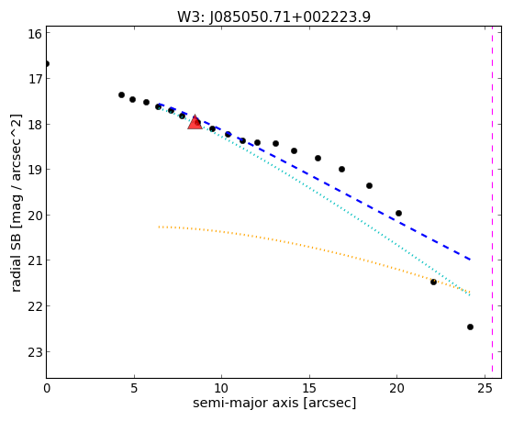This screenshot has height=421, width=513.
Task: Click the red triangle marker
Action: pos(195,122)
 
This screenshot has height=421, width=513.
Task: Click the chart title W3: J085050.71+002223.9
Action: pos(273,17)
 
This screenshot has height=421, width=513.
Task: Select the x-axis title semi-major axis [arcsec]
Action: pos(274,403)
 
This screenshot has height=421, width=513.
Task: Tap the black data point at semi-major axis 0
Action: pos(47,64)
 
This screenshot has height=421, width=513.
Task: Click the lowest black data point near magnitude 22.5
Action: pos(470,327)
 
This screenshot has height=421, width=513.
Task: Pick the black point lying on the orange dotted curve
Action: pos(433,282)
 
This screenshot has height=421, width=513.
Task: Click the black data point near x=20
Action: pos(398,214)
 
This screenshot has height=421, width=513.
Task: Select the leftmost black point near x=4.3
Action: pos(121,94)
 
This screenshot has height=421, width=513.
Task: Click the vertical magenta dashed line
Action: pos(492,202)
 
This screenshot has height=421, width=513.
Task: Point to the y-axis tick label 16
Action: pos(35,34)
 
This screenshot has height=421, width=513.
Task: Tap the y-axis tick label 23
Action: pos(35,352)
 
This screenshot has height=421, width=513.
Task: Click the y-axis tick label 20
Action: pos(35,216)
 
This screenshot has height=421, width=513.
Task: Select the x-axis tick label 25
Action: pos(485,388)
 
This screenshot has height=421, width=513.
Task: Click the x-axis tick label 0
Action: pos(47,388)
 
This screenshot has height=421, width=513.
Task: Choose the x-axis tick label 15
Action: pos(309,388)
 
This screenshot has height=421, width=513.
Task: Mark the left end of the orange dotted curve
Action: pos(159,227)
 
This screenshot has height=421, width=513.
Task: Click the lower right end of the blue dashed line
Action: pos(470,260)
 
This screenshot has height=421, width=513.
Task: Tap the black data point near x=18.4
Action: pos(369,186)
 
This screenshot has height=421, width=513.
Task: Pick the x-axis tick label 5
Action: pos(134,388)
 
